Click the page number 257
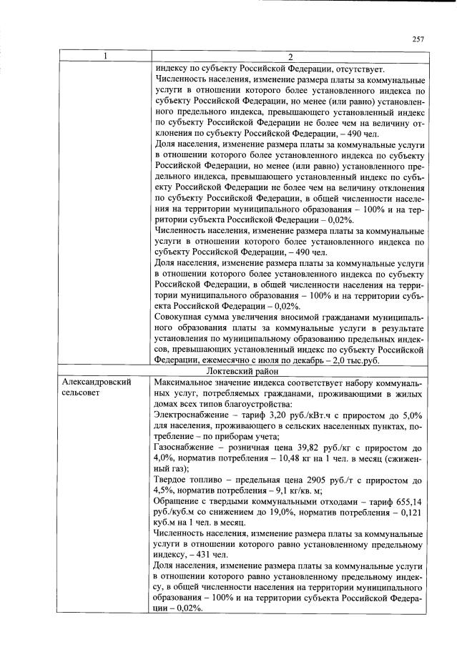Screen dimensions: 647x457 coord(418,39)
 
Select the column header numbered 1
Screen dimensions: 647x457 coord(105,57)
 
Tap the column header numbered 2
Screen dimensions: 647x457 coord(290,57)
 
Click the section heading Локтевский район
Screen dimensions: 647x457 coord(290,372)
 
